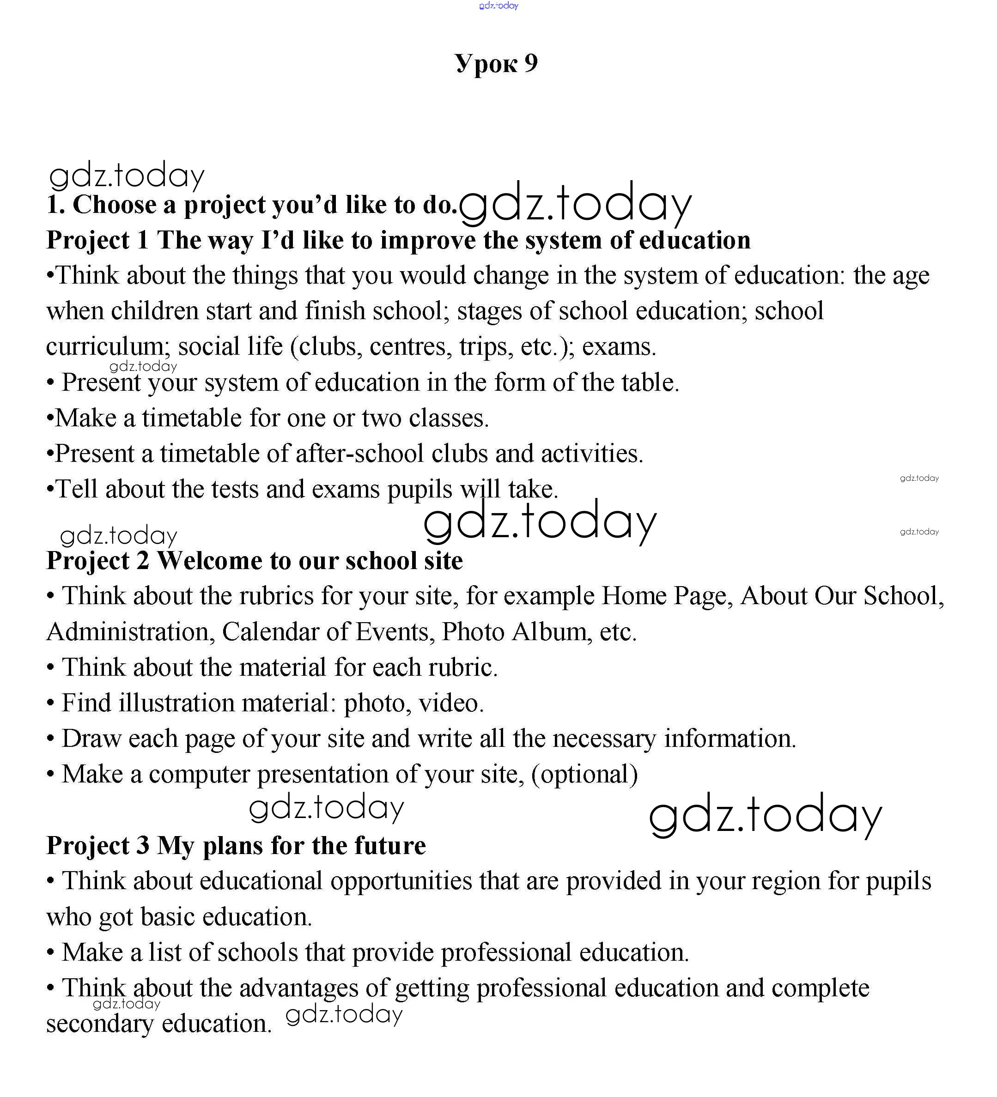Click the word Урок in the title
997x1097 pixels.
click(486, 64)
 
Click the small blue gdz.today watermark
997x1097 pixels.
click(498, 6)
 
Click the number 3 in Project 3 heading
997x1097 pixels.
click(143, 846)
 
